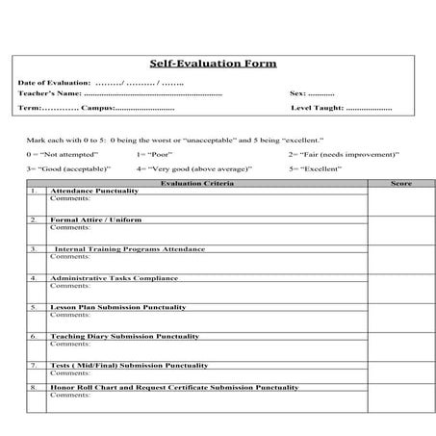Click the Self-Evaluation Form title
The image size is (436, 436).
click(x=213, y=64)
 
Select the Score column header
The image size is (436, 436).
click(x=400, y=183)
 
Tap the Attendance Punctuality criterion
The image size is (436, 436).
click(x=94, y=191)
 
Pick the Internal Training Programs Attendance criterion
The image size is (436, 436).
click(x=129, y=248)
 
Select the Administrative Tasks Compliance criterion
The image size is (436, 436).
click(x=114, y=278)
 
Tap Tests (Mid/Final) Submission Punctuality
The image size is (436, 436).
click(x=129, y=365)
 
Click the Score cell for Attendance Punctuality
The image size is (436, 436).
click(x=400, y=201)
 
